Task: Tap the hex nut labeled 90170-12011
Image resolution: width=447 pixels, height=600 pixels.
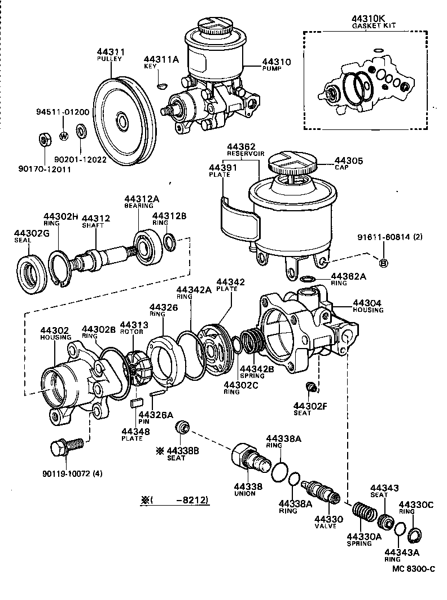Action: [x=44, y=138]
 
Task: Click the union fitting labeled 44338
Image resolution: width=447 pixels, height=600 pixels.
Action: [x=249, y=456]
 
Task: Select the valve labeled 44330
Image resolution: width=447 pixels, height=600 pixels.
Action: [x=321, y=491]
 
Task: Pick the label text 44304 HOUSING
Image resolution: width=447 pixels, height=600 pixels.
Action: [x=367, y=306]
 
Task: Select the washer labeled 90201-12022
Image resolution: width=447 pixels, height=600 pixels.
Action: [x=81, y=132]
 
